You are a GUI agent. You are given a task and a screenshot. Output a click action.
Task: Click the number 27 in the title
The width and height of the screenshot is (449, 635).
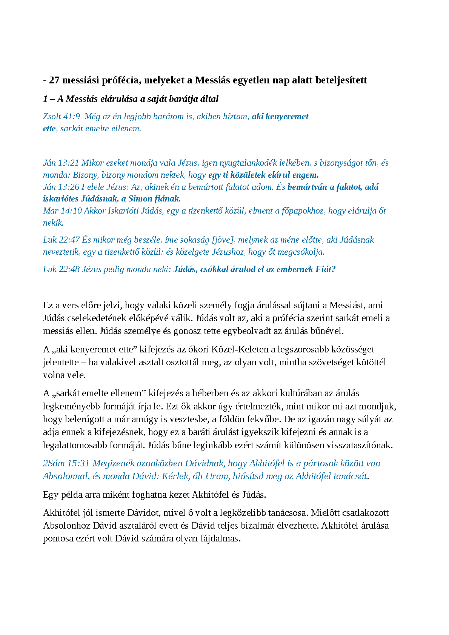(x=54, y=80)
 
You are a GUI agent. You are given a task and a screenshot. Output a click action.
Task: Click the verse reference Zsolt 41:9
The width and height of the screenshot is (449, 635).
(x=62, y=117)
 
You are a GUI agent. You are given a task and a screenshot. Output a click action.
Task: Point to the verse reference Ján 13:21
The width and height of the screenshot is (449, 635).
(x=61, y=163)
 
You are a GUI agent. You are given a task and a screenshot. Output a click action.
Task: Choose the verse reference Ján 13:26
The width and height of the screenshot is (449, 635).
(x=61, y=187)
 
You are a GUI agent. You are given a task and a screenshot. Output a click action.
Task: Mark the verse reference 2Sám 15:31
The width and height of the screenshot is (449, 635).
(x=66, y=464)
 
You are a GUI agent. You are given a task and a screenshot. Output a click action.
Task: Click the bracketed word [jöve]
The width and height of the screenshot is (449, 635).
(x=223, y=240)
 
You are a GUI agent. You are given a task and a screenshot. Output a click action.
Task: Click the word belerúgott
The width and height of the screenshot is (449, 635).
(x=83, y=420)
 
